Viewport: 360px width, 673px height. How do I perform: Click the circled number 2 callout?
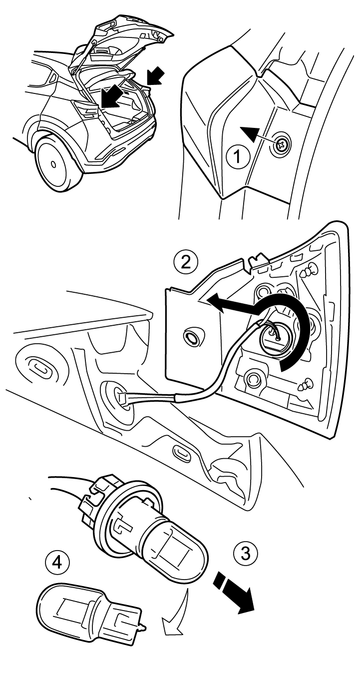tap(185, 262)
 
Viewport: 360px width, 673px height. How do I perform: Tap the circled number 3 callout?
tap(245, 553)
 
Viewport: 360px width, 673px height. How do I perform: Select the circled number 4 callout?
tap(56, 563)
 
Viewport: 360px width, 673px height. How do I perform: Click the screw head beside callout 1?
tap(281, 145)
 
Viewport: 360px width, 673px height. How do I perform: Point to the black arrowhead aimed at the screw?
tap(251, 134)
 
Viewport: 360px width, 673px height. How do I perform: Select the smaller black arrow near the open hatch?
tap(155, 76)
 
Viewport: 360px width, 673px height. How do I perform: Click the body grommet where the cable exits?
tap(116, 396)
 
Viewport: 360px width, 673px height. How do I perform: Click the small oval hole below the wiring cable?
tap(182, 452)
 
